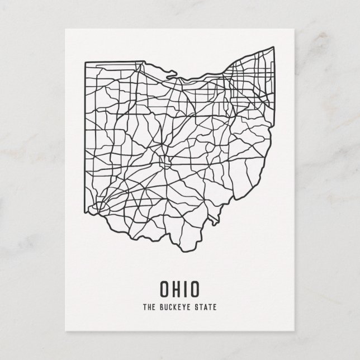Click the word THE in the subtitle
coord(149,306)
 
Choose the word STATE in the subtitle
coord(203,306)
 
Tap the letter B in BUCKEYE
coord(161,306)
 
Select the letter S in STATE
coord(195,306)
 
